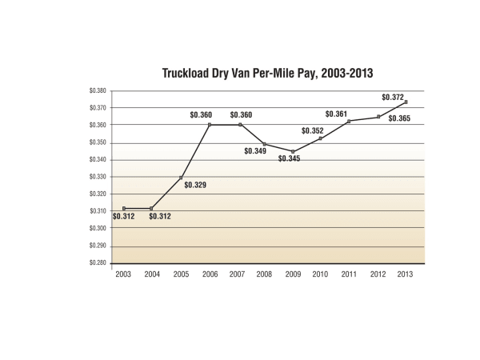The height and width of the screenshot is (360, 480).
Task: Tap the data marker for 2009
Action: click(x=293, y=151)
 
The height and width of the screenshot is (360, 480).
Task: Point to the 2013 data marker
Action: click(x=408, y=102)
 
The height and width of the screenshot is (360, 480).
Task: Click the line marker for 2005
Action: click(x=181, y=178)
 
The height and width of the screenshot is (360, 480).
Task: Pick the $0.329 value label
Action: click(x=195, y=185)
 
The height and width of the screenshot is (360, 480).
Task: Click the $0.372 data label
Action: click(x=392, y=98)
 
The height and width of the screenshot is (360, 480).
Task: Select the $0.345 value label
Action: click(x=290, y=159)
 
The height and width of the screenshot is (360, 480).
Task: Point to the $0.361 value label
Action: click(x=336, y=114)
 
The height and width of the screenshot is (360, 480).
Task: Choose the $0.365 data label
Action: click(x=398, y=118)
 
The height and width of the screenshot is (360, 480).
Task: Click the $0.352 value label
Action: click(x=312, y=131)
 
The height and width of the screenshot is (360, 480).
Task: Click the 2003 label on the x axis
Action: click(x=124, y=275)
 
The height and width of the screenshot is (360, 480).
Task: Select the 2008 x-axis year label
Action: click(x=265, y=275)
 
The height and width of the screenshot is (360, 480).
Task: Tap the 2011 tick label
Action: click(x=349, y=275)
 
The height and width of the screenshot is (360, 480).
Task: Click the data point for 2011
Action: click(x=349, y=121)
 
